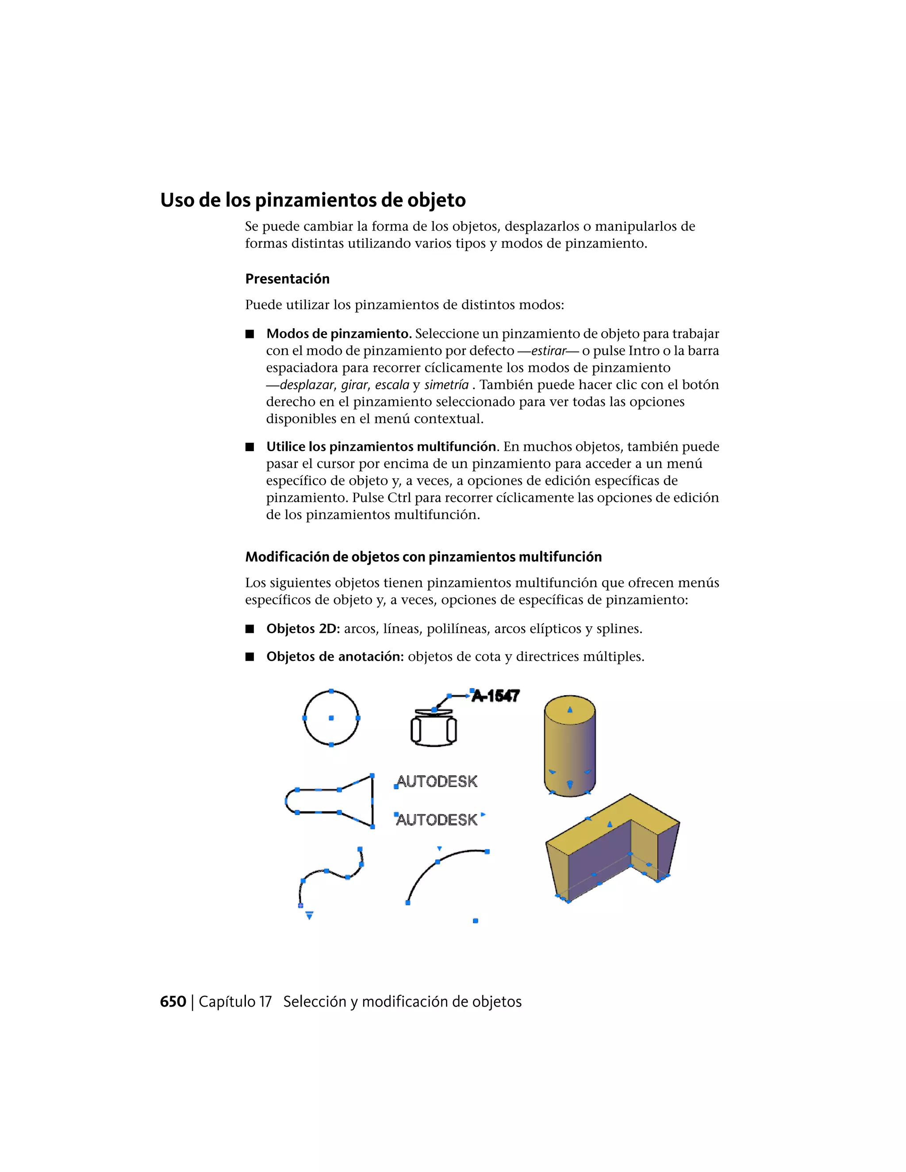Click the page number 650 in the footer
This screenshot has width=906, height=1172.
tap(173, 1002)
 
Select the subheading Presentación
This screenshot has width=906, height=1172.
tap(287, 279)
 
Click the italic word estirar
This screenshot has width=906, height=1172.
tap(549, 351)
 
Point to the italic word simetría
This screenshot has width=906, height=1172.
tap(446, 385)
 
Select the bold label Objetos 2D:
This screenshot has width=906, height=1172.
tap(303, 629)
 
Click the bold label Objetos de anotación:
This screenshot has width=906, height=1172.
tap(335, 657)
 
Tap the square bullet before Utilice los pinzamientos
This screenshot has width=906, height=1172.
tap(250, 447)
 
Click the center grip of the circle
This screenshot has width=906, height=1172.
tap(331, 718)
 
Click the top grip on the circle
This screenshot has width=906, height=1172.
tap(331, 691)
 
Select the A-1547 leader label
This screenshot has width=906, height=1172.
tap(495, 697)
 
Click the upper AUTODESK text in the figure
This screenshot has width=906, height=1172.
tap(437, 781)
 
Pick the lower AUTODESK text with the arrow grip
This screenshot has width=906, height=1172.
tap(437, 820)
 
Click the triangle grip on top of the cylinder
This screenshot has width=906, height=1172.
tap(570, 710)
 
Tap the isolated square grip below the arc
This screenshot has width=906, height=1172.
tap(476, 921)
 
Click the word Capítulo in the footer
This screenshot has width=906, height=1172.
tap(235, 1002)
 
